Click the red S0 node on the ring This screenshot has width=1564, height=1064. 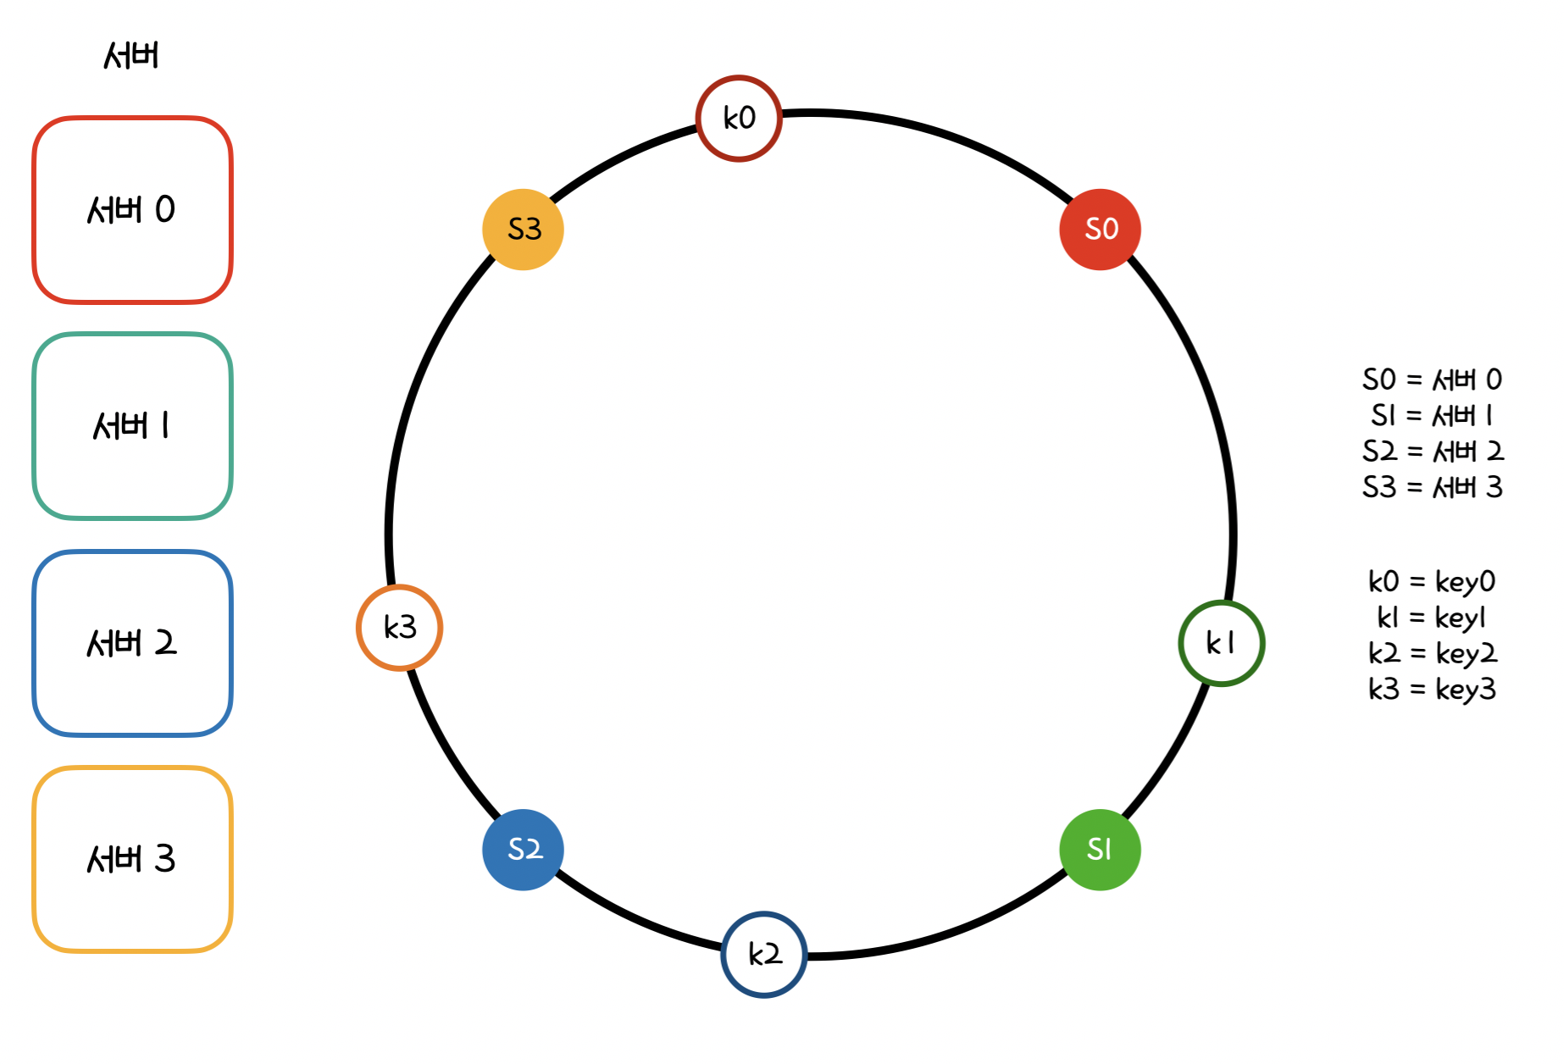(x=1100, y=229)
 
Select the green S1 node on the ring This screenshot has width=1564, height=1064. (x=1100, y=849)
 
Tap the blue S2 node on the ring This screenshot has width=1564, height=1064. (x=524, y=849)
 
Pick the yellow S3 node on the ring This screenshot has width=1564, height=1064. (x=524, y=229)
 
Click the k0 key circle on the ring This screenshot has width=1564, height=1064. (x=739, y=118)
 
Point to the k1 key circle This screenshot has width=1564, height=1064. (x=1221, y=643)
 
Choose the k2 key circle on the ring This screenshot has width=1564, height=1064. (x=764, y=954)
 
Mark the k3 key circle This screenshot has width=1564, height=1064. (x=399, y=628)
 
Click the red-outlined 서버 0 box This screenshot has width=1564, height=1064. (x=132, y=209)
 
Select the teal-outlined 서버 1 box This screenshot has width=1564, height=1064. (x=132, y=425)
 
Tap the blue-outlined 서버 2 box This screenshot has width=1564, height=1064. (x=132, y=643)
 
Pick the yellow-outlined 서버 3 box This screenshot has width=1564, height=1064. (x=132, y=859)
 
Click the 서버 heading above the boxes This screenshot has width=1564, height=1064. (x=131, y=56)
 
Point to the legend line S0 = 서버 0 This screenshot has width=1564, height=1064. (x=1432, y=380)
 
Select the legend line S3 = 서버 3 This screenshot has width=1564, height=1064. (x=1432, y=487)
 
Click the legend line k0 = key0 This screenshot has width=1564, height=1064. (x=1432, y=581)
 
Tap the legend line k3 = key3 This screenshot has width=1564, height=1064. (x=1432, y=690)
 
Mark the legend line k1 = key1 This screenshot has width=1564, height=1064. (x=1432, y=618)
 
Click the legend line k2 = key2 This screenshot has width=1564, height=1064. (x=1432, y=653)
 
